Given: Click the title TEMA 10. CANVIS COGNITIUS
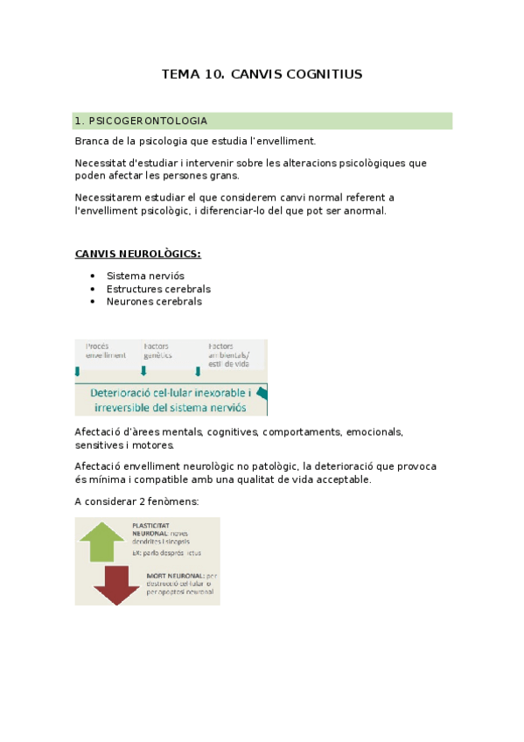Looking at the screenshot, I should [262, 74].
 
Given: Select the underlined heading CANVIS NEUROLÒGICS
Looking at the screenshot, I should [137, 255].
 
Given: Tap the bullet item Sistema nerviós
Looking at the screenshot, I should [145, 276].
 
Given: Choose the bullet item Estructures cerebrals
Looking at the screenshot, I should [158, 289].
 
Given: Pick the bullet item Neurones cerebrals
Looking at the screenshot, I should [154, 302].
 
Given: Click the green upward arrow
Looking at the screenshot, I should [102, 540].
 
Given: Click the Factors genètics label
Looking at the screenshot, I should [158, 351].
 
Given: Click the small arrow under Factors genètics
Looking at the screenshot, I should [143, 371].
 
